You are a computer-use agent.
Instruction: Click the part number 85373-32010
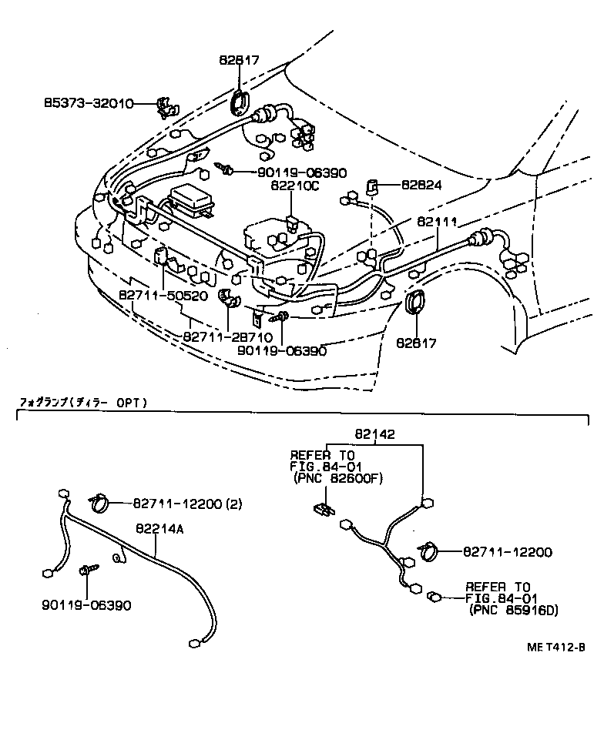(88, 102)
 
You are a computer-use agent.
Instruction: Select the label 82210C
(290, 186)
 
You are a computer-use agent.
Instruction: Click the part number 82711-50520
(163, 296)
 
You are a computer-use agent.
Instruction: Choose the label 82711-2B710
(227, 336)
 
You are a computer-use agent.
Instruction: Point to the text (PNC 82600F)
(337, 479)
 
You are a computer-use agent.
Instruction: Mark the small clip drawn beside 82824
(371, 186)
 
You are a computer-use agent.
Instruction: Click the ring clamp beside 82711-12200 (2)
(99, 504)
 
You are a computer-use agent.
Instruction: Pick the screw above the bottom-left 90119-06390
(88, 572)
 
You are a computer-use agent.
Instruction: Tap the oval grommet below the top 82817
(241, 104)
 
